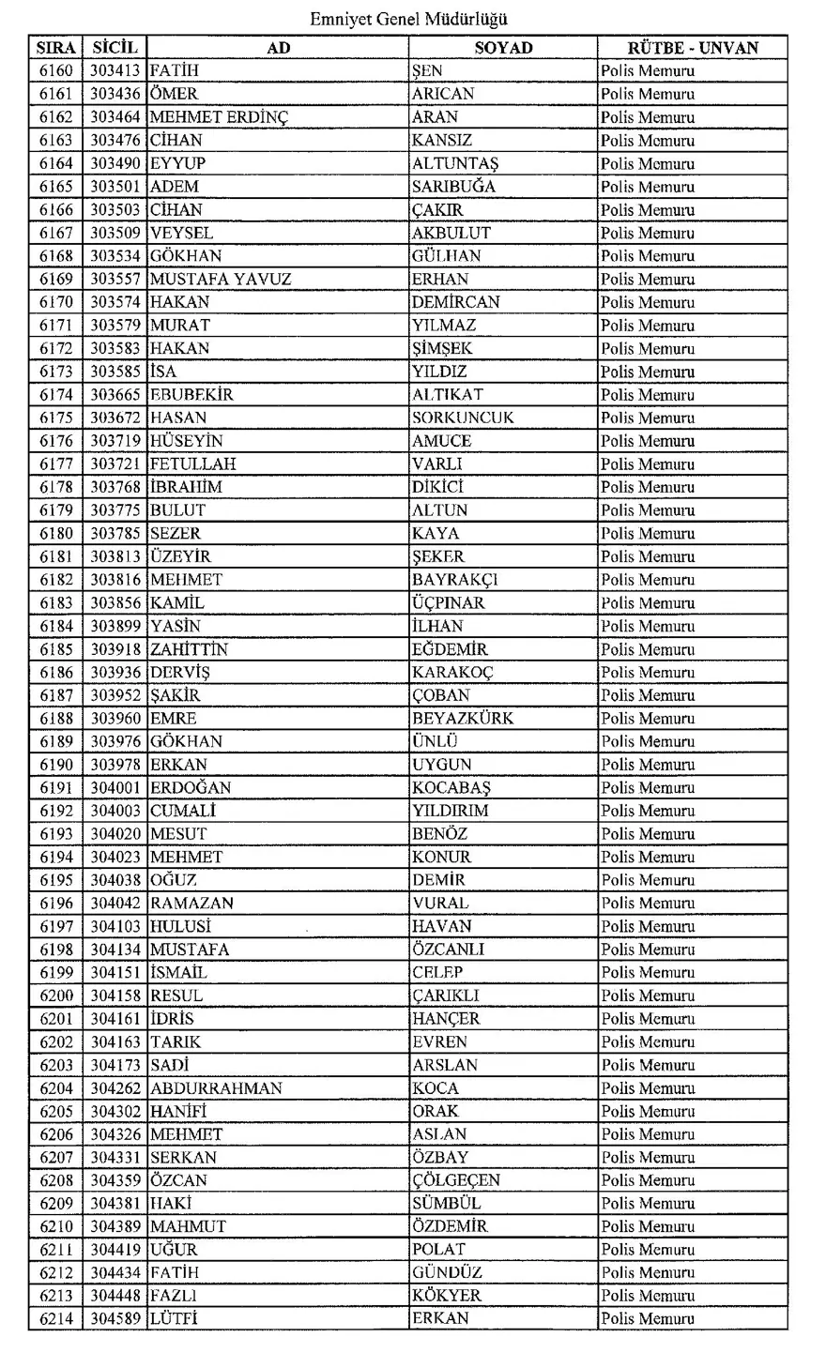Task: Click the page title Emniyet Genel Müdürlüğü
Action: coord(409,19)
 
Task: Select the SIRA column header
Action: coord(56,48)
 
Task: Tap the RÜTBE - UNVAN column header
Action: coord(693,48)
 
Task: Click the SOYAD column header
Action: coord(503,48)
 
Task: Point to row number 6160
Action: coord(56,70)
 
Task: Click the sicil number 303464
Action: coord(115,117)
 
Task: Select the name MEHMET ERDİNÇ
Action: coord(219,117)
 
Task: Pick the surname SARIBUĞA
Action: coord(453,187)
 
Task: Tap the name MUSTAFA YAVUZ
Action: coord(221,279)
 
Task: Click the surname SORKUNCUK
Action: coord(463,418)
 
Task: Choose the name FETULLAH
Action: coord(192,464)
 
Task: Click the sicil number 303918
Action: coord(115,649)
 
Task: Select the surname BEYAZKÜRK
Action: coord(463,719)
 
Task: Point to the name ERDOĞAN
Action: coord(191,787)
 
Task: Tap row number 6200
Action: coord(56,996)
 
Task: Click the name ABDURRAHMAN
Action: coord(216,1088)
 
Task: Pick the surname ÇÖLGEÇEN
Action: coord(456,1180)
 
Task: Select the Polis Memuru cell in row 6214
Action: coord(648,1319)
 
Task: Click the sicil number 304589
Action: coord(115,1319)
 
